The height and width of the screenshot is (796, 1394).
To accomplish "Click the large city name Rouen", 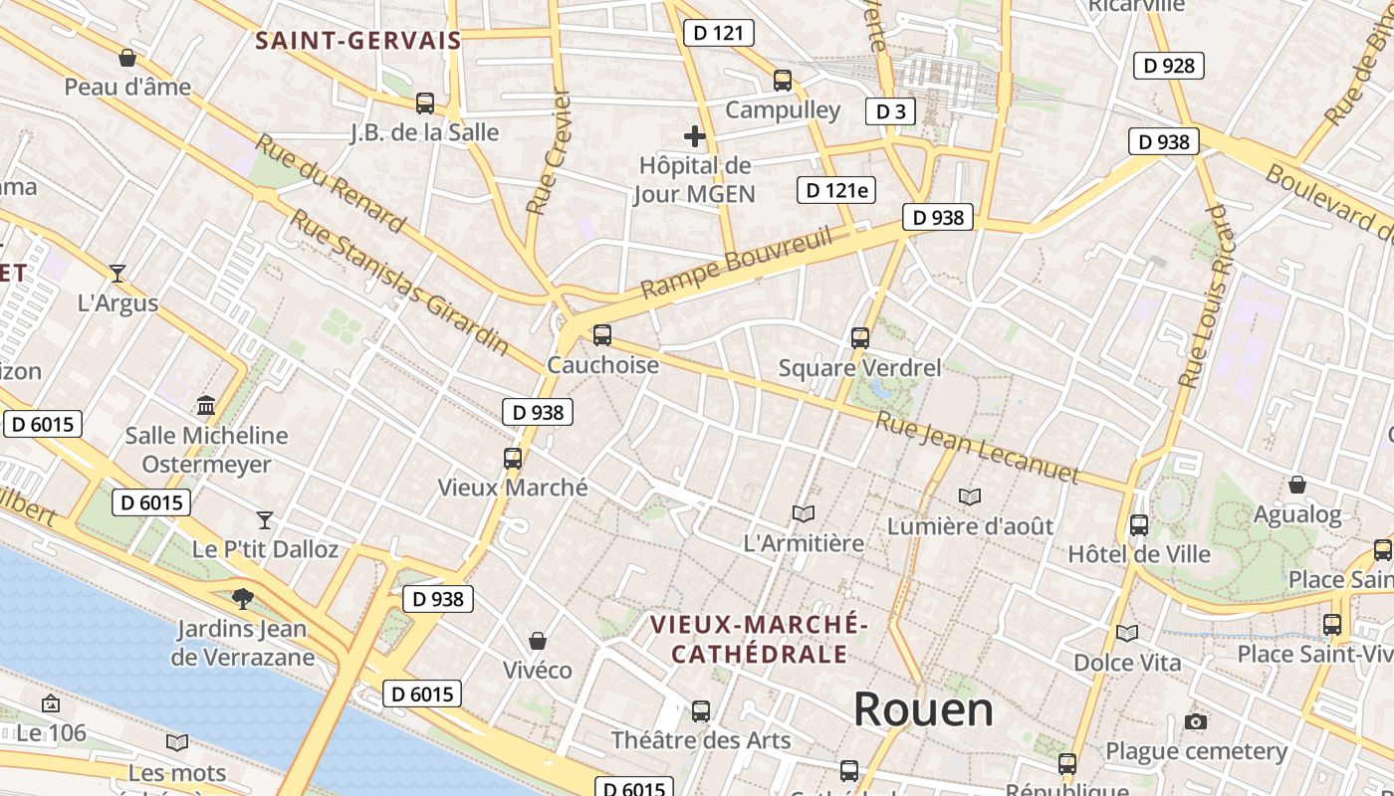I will (923, 709).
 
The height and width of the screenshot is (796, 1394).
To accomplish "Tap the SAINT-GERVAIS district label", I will (358, 41).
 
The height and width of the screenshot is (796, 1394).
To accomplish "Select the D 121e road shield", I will (836, 190).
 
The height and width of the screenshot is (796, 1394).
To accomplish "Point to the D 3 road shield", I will (890, 111).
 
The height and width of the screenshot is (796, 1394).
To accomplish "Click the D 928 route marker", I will (1169, 66).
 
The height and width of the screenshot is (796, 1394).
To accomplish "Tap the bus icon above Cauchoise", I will (601, 335).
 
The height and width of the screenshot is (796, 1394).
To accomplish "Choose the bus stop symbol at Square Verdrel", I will (860, 338).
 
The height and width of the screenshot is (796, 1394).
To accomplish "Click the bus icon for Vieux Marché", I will (513, 459).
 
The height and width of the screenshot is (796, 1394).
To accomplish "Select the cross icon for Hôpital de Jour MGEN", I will (695, 136).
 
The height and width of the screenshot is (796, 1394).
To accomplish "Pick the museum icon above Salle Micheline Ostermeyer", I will (206, 405).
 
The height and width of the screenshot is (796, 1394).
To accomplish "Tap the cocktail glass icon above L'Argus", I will (117, 273).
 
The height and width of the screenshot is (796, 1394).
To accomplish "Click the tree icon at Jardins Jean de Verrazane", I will (242, 598).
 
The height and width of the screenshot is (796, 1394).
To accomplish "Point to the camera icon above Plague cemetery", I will (1196, 721).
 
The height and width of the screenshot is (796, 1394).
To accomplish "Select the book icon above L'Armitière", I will (804, 513).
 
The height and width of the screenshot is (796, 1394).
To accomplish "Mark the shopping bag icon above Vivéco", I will (538, 641).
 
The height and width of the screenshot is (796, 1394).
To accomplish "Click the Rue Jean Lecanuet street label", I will (977, 449).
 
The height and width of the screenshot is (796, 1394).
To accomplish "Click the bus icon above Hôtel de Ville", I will (1139, 524).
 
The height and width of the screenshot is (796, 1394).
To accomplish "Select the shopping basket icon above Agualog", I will (1297, 485).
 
